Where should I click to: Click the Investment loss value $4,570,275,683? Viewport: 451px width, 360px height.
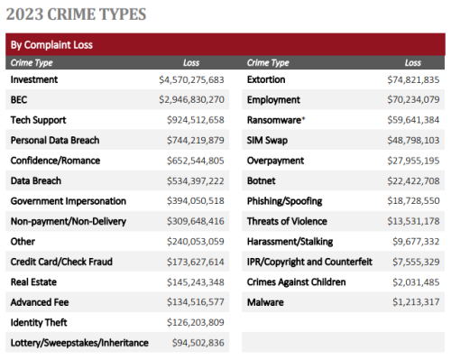point(191,79)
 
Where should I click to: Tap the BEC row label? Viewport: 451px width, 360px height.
point(19,99)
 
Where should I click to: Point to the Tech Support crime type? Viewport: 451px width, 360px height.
point(38,119)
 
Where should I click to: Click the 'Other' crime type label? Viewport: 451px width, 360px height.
point(23,241)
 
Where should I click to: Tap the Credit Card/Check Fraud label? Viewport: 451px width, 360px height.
point(60,261)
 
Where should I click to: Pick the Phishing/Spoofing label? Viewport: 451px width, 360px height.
point(284,200)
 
